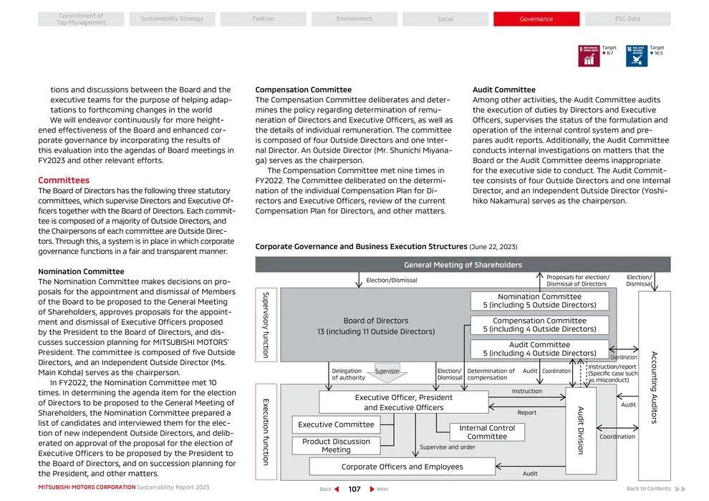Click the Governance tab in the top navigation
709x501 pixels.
pos(536,19)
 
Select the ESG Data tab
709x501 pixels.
pos(627,19)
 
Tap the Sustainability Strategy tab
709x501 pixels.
pos(172,19)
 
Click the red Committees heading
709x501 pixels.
pos(64,180)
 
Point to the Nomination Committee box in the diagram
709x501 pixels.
pos(539,301)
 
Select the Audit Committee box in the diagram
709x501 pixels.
pos(539,349)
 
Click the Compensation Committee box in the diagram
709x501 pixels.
pos(539,325)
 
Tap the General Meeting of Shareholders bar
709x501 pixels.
pos(463,265)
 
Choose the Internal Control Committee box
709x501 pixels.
pos(487,432)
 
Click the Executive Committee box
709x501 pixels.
pos(336,424)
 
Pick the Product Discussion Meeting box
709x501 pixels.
pos(336,446)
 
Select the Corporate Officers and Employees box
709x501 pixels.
pos(402,467)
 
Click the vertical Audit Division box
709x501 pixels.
pos(581,430)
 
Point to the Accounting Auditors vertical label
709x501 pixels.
pos(654,386)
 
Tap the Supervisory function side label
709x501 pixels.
pos(265,325)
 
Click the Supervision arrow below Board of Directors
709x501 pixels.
pos(387,374)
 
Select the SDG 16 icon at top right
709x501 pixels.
pos(637,56)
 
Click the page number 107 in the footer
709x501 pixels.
pos(354,489)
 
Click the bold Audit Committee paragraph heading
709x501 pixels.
pos(503,90)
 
